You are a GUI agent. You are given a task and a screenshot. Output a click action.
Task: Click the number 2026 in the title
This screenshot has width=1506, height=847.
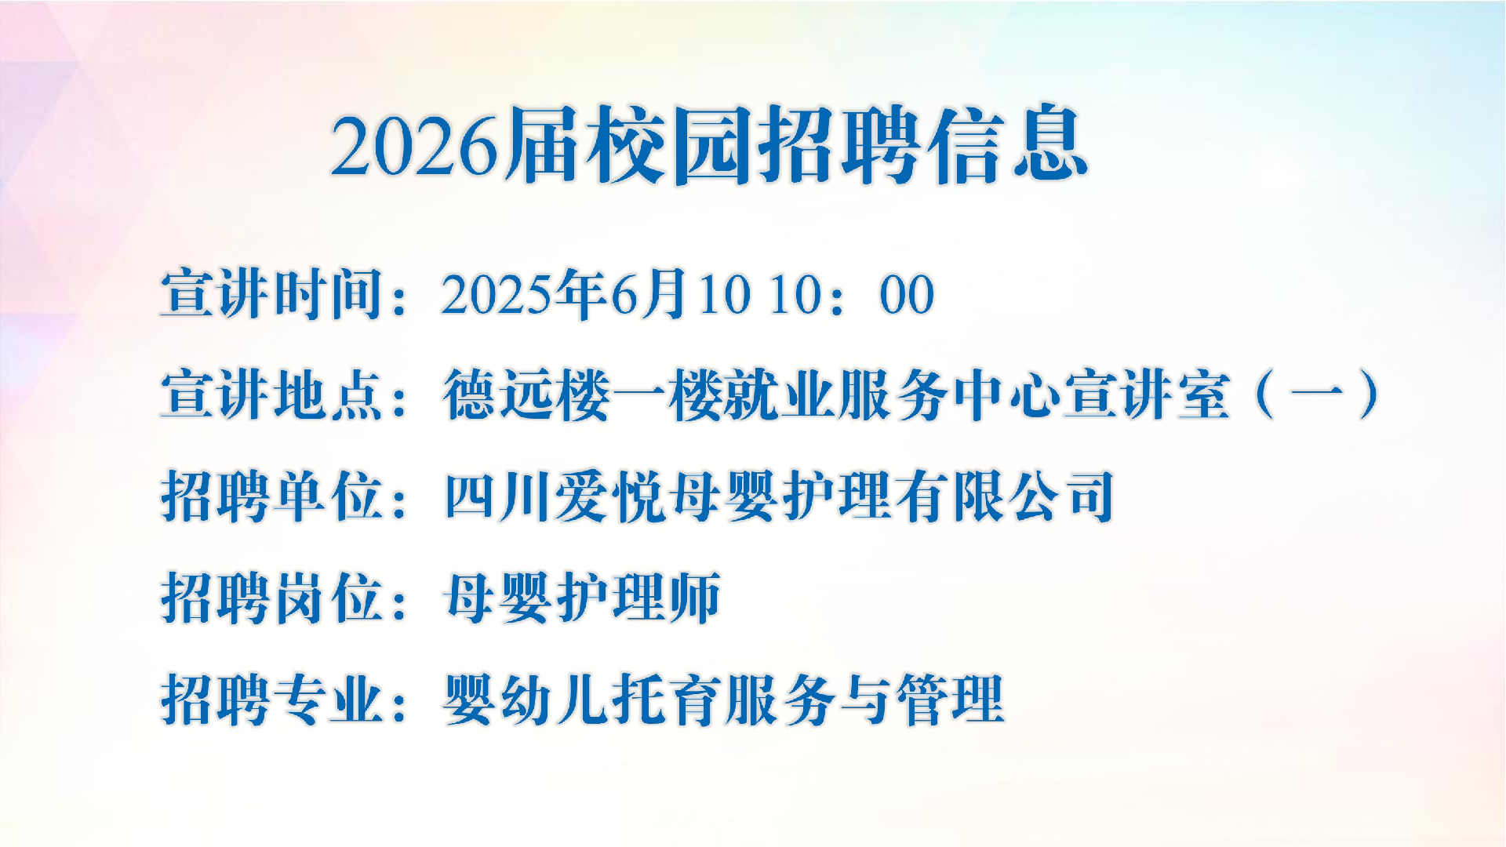(x=415, y=145)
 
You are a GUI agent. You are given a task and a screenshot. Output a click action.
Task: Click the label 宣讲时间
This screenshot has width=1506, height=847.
(x=272, y=294)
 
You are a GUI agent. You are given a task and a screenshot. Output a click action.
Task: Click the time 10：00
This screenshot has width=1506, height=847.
(x=852, y=295)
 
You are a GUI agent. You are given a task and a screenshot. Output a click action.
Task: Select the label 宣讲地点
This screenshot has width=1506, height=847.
(x=272, y=394)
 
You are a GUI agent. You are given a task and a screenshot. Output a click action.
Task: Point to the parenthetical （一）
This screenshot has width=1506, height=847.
(x=1317, y=394)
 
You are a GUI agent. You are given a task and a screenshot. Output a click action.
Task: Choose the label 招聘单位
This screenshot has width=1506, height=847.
(x=272, y=496)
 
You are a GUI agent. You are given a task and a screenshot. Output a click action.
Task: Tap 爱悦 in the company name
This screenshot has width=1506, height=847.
(x=610, y=496)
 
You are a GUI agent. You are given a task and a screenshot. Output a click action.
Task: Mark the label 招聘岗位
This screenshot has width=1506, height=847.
(x=272, y=598)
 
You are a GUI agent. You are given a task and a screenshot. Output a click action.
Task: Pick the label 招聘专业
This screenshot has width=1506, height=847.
(x=272, y=700)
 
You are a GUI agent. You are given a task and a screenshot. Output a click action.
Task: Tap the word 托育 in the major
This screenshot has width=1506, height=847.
(x=667, y=700)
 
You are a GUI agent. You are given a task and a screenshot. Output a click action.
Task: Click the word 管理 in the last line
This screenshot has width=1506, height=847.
(x=950, y=700)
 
